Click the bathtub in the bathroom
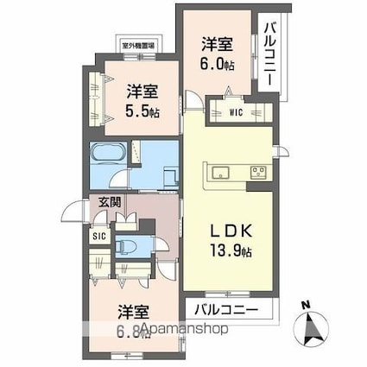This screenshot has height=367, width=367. tap(109, 158)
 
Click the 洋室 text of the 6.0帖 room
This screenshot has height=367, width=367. tap(217, 43)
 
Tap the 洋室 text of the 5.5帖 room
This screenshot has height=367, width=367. tap(142, 89)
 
